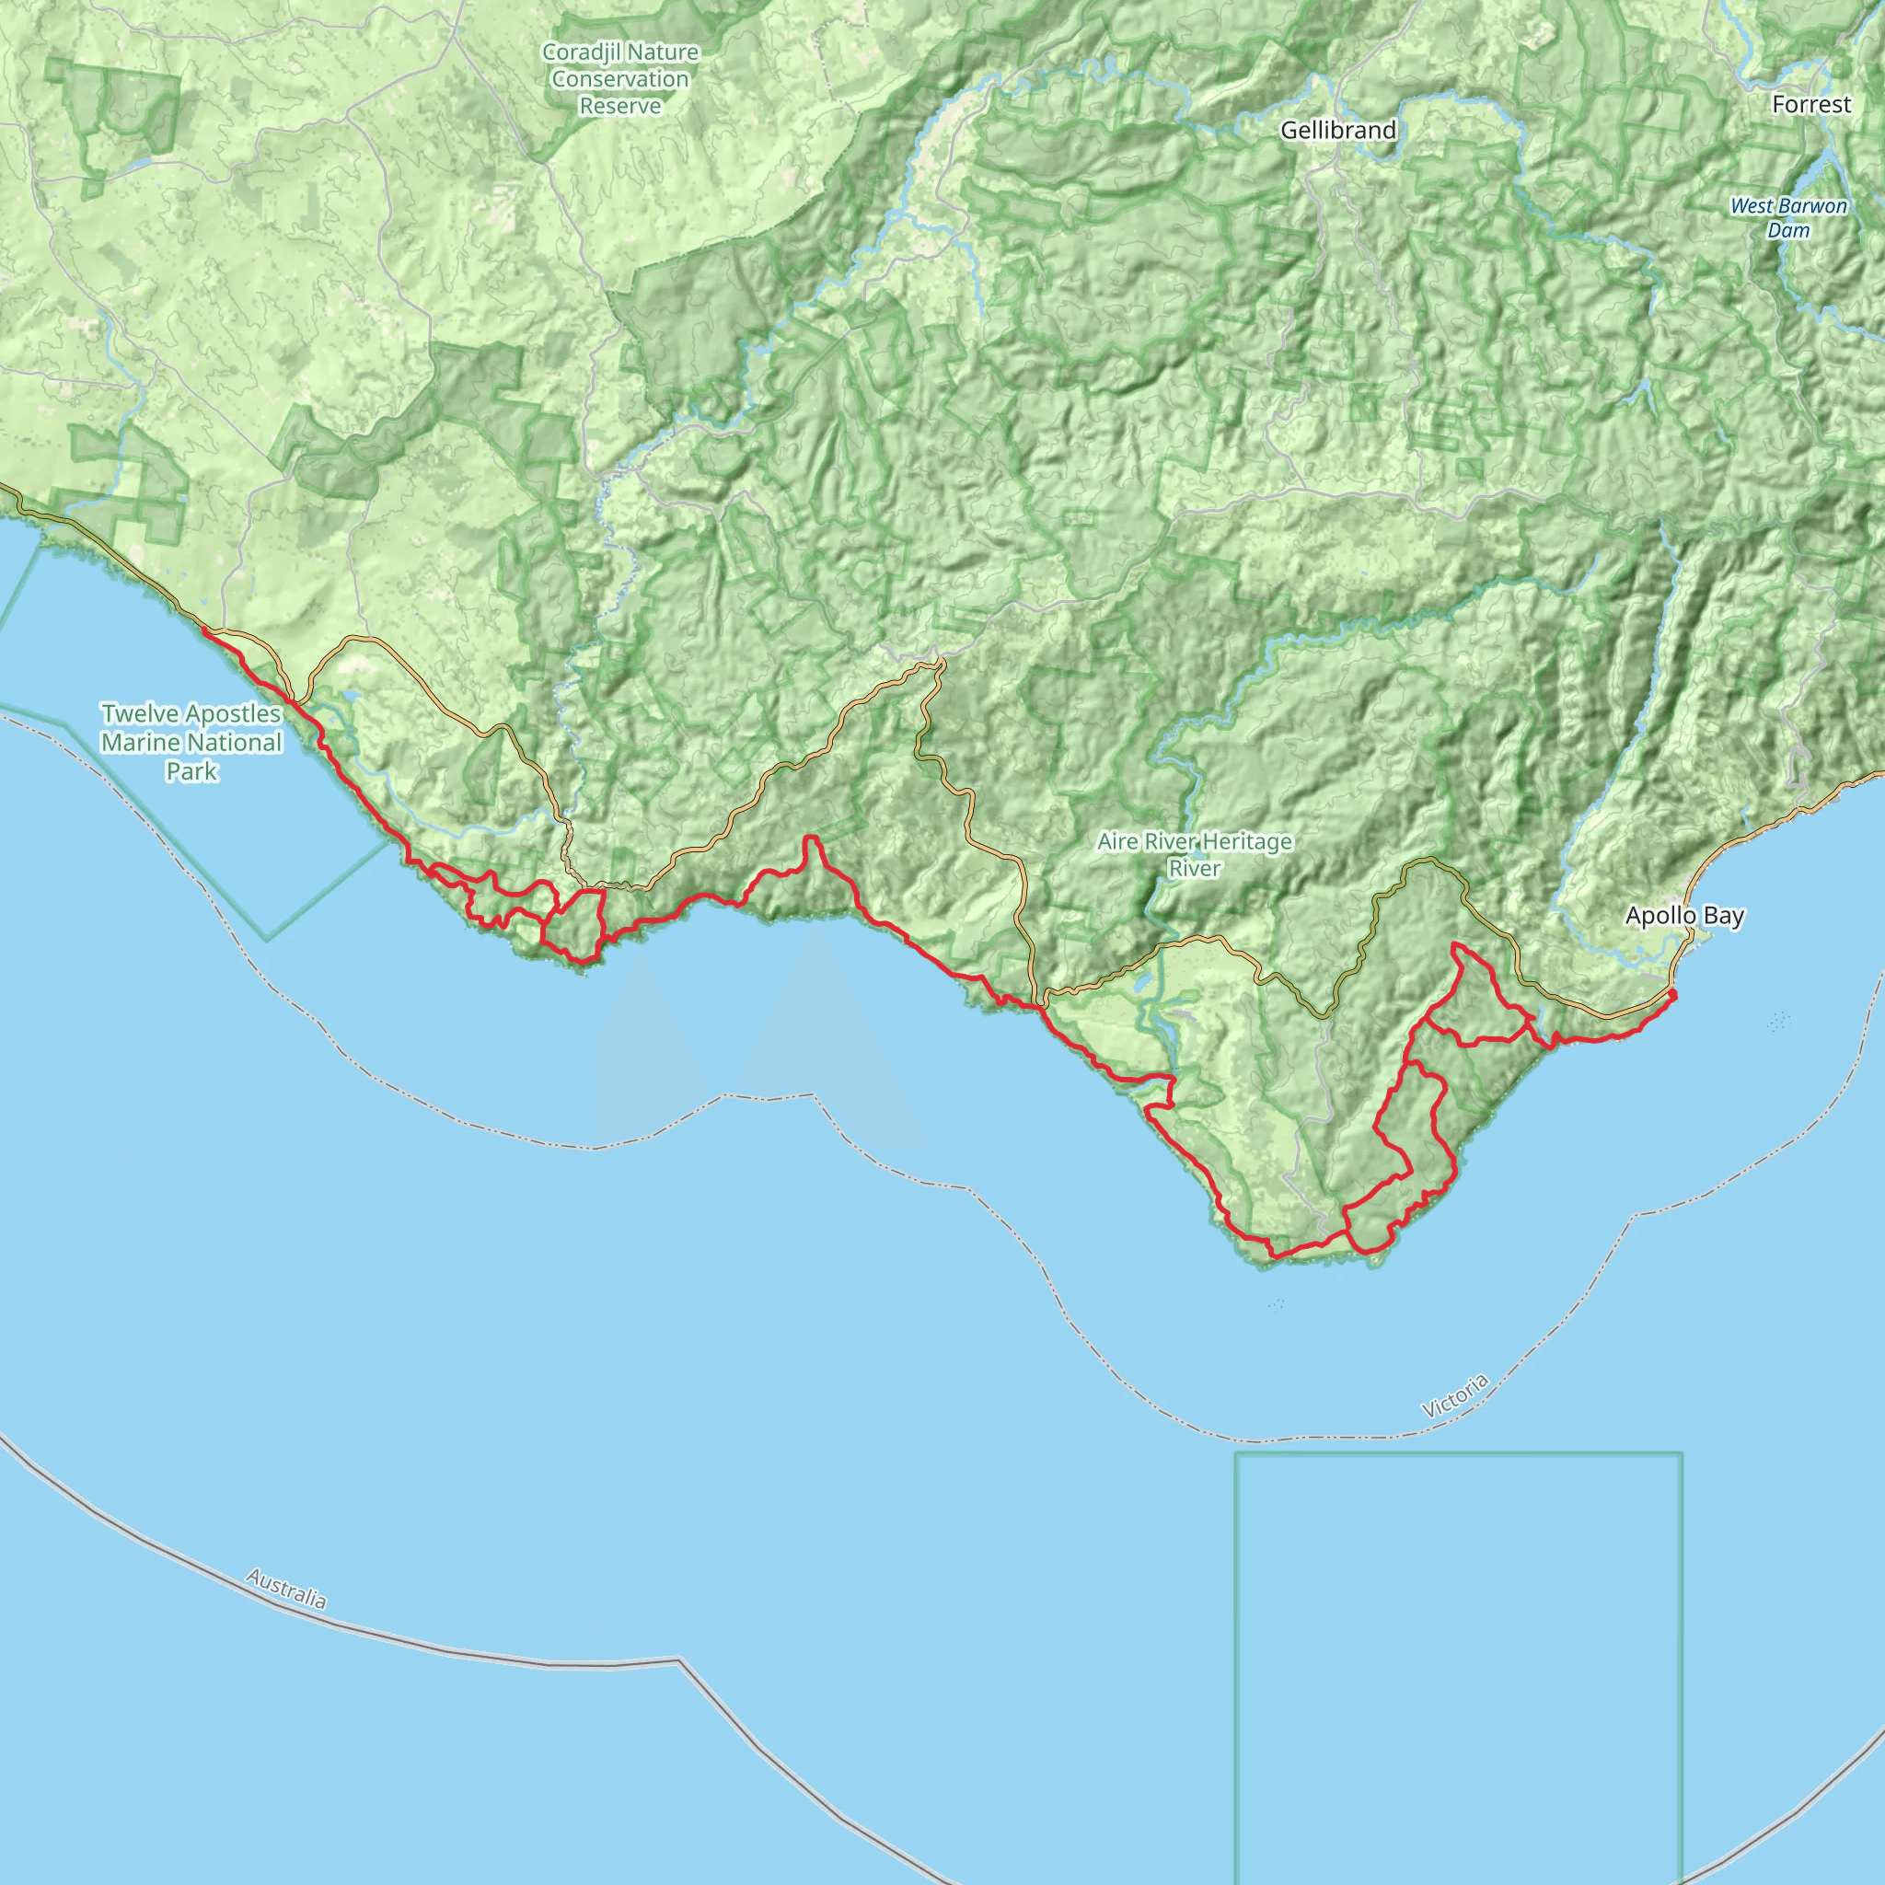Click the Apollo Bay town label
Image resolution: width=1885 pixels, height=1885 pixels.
click(1684, 915)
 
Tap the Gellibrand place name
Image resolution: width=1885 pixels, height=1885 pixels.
click(1337, 130)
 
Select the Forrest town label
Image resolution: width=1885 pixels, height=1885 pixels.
click(1810, 104)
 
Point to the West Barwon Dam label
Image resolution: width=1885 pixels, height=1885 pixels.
click(1788, 217)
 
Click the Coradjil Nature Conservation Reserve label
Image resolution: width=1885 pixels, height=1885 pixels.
click(620, 79)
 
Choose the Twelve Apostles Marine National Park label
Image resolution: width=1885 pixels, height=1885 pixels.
click(191, 742)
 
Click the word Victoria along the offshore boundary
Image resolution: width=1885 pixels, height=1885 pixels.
click(1455, 1395)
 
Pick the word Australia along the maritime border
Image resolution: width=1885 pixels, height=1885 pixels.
click(286, 1589)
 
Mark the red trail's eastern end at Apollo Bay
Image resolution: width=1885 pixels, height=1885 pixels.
click(1673, 993)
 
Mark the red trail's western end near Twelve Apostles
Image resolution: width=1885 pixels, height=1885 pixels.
click(204, 631)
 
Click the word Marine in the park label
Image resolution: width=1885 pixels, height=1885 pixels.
click(141, 743)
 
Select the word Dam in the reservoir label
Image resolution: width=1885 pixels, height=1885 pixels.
click(1788, 230)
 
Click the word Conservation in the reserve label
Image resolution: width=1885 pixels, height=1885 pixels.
click(620, 79)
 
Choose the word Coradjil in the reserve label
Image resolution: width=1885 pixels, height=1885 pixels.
click(580, 52)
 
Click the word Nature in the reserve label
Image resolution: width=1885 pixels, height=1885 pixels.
click(664, 52)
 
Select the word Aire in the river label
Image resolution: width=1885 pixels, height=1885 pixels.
click(1116, 841)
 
